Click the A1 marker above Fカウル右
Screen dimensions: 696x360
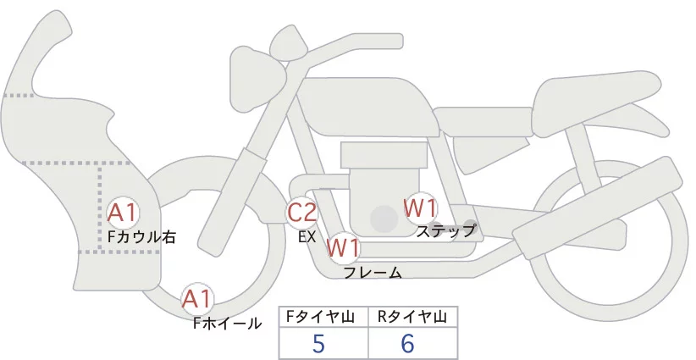[x=124, y=212]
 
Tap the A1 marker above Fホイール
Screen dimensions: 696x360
[x=199, y=299]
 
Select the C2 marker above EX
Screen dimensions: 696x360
[x=302, y=211]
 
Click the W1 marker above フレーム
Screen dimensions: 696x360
[x=344, y=248]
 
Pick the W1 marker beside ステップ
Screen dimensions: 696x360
[x=419, y=207]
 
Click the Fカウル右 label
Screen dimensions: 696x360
[x=141, y=237]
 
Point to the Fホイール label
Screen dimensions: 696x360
[x=227, y=323]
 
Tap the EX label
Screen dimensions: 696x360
[x=307, y=237]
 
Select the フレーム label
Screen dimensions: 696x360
[x=373, y=272]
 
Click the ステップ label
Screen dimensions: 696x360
[x=447, y=230]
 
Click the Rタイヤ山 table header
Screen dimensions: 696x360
[x=412, y=317]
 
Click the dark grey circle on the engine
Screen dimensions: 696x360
[x=384, y=219]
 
